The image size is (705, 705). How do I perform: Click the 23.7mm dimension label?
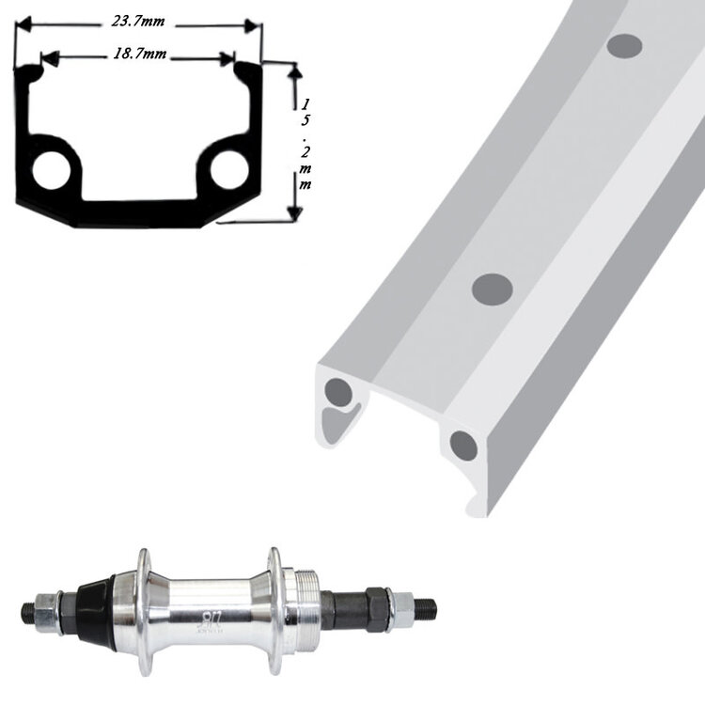click(138, 21)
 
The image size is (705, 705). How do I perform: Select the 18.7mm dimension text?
click(139, 54)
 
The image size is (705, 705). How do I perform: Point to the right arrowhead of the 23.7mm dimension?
click(253, 25)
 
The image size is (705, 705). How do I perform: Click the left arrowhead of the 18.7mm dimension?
click(51, 58)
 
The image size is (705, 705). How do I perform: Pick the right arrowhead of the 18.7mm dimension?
click(227, 58)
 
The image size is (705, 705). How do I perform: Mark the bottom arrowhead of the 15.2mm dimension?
click(295, 214)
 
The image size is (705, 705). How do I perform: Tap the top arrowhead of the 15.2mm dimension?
click(294, 70)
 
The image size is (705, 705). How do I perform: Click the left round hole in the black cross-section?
click(52, 170)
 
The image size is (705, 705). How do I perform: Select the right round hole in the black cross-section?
click(229, 169)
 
